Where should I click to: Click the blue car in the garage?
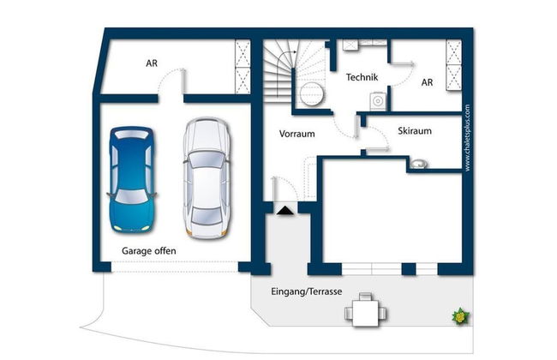(132, 179)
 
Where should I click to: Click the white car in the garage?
(207, 178)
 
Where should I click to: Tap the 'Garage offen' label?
(149, 251)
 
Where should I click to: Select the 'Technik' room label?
(362, 77)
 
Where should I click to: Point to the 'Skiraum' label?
(415, 131)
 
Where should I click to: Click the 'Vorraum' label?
(297, 134)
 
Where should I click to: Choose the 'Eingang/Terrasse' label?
(307, 291)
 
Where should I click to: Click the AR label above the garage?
(152, 63)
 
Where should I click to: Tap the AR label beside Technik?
(427, 82)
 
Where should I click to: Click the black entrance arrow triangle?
(285, 211)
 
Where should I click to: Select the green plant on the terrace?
(460, 315)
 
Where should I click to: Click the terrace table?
(365, 313)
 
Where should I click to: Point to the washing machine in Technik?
(378, 101)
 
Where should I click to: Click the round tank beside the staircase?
(312, 93)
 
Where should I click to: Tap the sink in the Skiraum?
(418, 164)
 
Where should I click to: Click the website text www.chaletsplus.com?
(467, 138)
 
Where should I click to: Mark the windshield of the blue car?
(132, 196)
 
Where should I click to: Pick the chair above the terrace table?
(365, 297)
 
